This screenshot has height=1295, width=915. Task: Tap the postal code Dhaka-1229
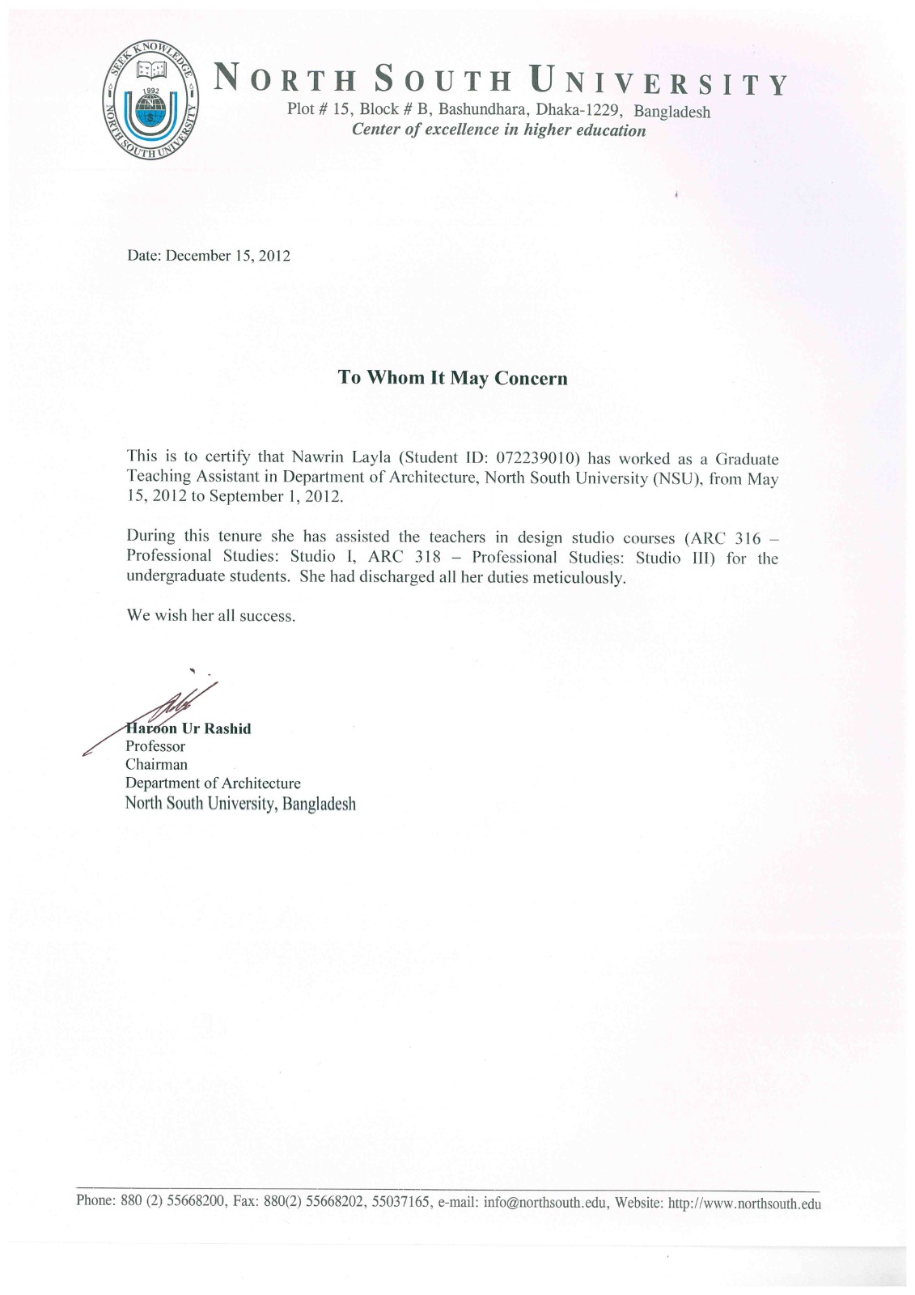(x=574, y=110)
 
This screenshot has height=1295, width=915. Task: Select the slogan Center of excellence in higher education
(x=499, y=130)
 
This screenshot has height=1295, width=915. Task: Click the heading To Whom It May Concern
(x=452, y=378)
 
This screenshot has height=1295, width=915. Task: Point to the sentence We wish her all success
(x=211, y=615)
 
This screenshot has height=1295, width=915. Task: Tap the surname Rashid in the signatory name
(x=227, y=728)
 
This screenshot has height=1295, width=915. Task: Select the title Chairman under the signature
(x=156, y=764)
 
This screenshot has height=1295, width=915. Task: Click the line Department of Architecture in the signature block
(x=213, y=783)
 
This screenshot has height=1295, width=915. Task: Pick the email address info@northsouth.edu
(x=544, y=1203)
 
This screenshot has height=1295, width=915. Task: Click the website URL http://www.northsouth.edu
(x=744, y=1203)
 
